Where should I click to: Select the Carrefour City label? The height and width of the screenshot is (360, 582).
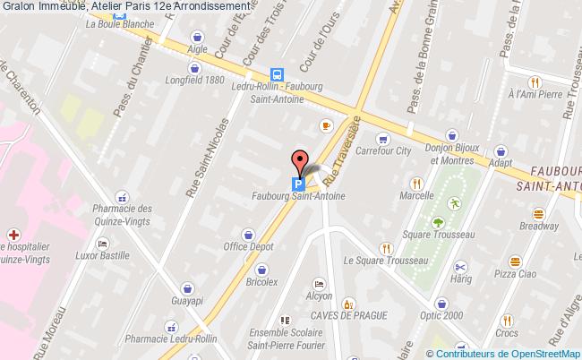pyautogui.click(x=383, y=151)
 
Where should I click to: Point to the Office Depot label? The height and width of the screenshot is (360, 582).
pyautogui.click(x=248, y=246)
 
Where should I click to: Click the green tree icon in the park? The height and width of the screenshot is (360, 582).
pyautogui.click(x=438, y=222)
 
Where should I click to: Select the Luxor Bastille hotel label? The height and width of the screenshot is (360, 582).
pyautogui.click(x=101, y=256)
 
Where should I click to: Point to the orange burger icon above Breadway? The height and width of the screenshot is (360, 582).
pyautogui.click(x=539, y=213)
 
